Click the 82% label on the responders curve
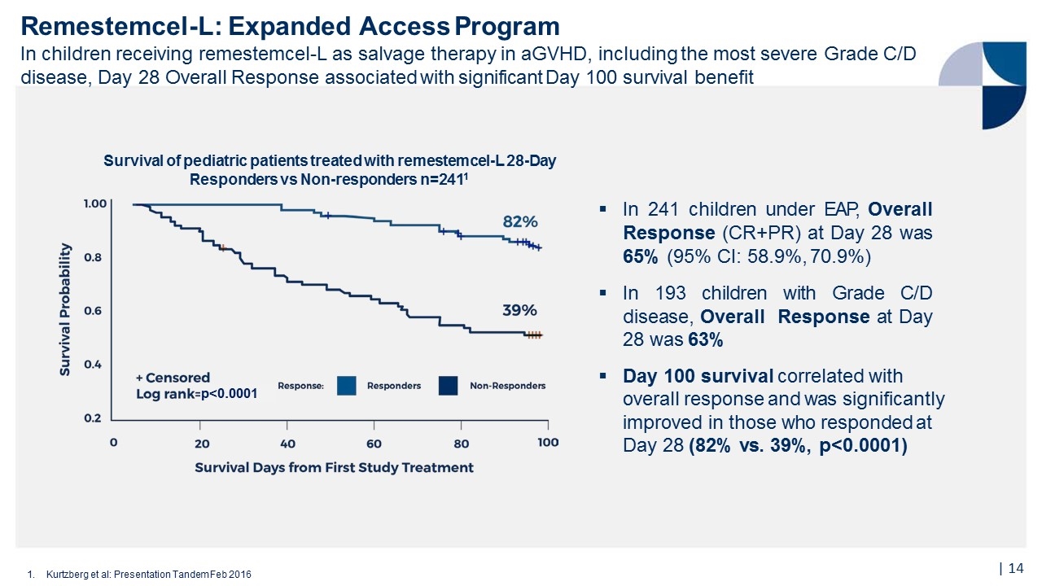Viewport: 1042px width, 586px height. click(x=519, y=221)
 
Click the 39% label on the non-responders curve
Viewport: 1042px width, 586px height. click(x=519, y=310)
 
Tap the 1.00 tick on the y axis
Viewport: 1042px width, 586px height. click(x=95, y=203)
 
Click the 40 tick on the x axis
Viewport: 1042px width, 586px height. click(x=287, y=444)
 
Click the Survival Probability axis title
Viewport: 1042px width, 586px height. click(x=65, y=309)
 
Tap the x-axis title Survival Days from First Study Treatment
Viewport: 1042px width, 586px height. click(x=334, y=468)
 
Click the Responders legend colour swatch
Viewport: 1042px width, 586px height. click(x=347, y=386)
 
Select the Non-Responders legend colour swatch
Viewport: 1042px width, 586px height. click(x=449, y=386)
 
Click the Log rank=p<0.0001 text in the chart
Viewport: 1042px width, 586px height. click(x=196, y=394)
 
